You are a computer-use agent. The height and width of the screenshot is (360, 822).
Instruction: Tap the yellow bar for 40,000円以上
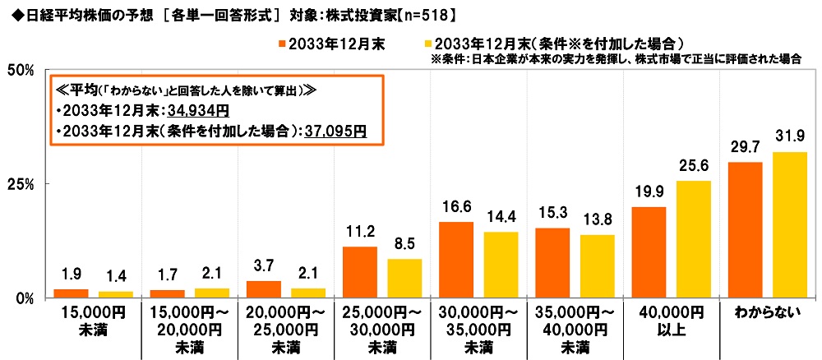point(694,239)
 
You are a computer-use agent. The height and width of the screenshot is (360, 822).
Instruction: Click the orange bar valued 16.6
point(456,260)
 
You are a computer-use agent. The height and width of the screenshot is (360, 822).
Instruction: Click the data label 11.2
point(360,233)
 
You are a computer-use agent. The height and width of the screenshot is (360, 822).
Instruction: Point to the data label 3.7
point(264,268)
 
